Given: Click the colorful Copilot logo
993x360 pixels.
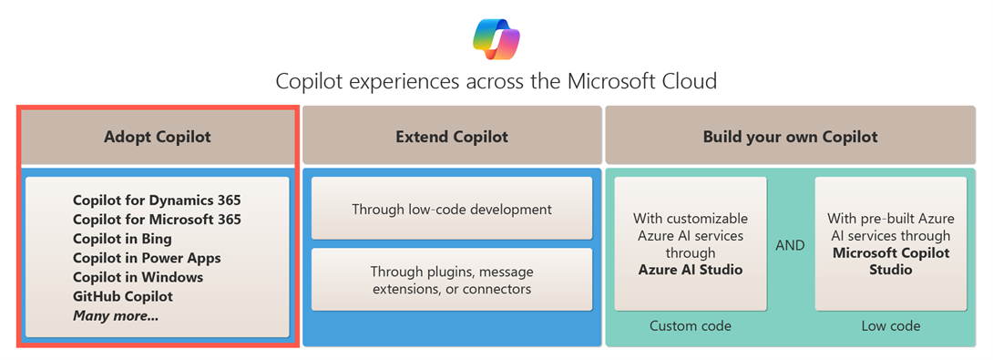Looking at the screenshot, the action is click(496, 40).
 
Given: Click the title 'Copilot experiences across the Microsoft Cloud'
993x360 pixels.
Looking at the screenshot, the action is click(496, 82).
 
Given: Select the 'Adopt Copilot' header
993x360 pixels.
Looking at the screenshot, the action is click(158, 137).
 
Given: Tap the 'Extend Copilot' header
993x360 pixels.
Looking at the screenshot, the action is click(452, 137).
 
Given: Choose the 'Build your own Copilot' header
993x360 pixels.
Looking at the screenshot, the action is click(791, 137).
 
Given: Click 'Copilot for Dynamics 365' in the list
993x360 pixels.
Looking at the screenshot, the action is click(157, 201).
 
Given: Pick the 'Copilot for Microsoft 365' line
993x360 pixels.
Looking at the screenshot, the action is click(157, 220).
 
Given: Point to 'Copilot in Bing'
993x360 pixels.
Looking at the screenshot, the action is click(122, 239).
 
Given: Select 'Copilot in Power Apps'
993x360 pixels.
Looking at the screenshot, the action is click(147, 259).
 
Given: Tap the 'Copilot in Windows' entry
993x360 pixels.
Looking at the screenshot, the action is click(138, 278).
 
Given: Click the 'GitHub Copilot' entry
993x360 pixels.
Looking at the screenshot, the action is click(123, 296).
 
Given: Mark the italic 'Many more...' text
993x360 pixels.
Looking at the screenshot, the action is click(116, 315).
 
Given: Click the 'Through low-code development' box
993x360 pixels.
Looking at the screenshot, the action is click(452, 209).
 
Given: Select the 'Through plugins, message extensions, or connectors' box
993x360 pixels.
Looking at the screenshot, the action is click(452, 280).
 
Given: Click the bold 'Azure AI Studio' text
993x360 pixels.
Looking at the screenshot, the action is click(691, 270).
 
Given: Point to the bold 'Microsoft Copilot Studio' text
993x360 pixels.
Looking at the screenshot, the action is click(890, 262).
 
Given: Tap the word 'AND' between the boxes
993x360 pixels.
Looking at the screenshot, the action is click(791, 245).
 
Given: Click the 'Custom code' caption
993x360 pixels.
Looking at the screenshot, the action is click(691, 326).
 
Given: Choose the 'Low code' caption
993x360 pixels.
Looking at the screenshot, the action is click(890, 326).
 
